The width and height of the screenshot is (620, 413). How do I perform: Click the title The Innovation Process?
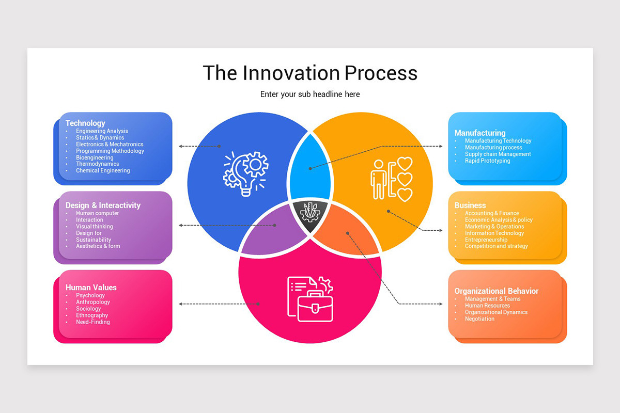coord(310,73)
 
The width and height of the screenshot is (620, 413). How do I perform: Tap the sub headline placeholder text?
coord(310,94)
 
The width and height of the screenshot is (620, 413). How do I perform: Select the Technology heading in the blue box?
coord(85,123)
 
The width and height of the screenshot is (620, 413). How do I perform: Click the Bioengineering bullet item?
coord(95,157)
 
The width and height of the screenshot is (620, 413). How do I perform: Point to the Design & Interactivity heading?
coord(103,205)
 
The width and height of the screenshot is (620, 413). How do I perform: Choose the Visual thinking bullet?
coord(95,227)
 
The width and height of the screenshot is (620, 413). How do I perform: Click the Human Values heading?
coord(91,287)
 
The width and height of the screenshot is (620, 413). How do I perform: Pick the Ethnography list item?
coord(92,315)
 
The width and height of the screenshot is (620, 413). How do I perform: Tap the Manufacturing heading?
coord(479,133)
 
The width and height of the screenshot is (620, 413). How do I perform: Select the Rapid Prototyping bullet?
coord(487,161)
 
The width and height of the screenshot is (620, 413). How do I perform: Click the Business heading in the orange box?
coord(470,205)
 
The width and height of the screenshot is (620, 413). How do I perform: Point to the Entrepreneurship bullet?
coord(486,240)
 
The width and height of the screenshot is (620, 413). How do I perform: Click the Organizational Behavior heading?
coord(496,291)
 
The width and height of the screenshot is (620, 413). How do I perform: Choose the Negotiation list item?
coord(479,319)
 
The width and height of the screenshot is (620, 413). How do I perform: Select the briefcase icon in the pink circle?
coord(310,299)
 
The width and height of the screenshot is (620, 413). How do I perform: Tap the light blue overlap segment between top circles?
coord(309,168)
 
